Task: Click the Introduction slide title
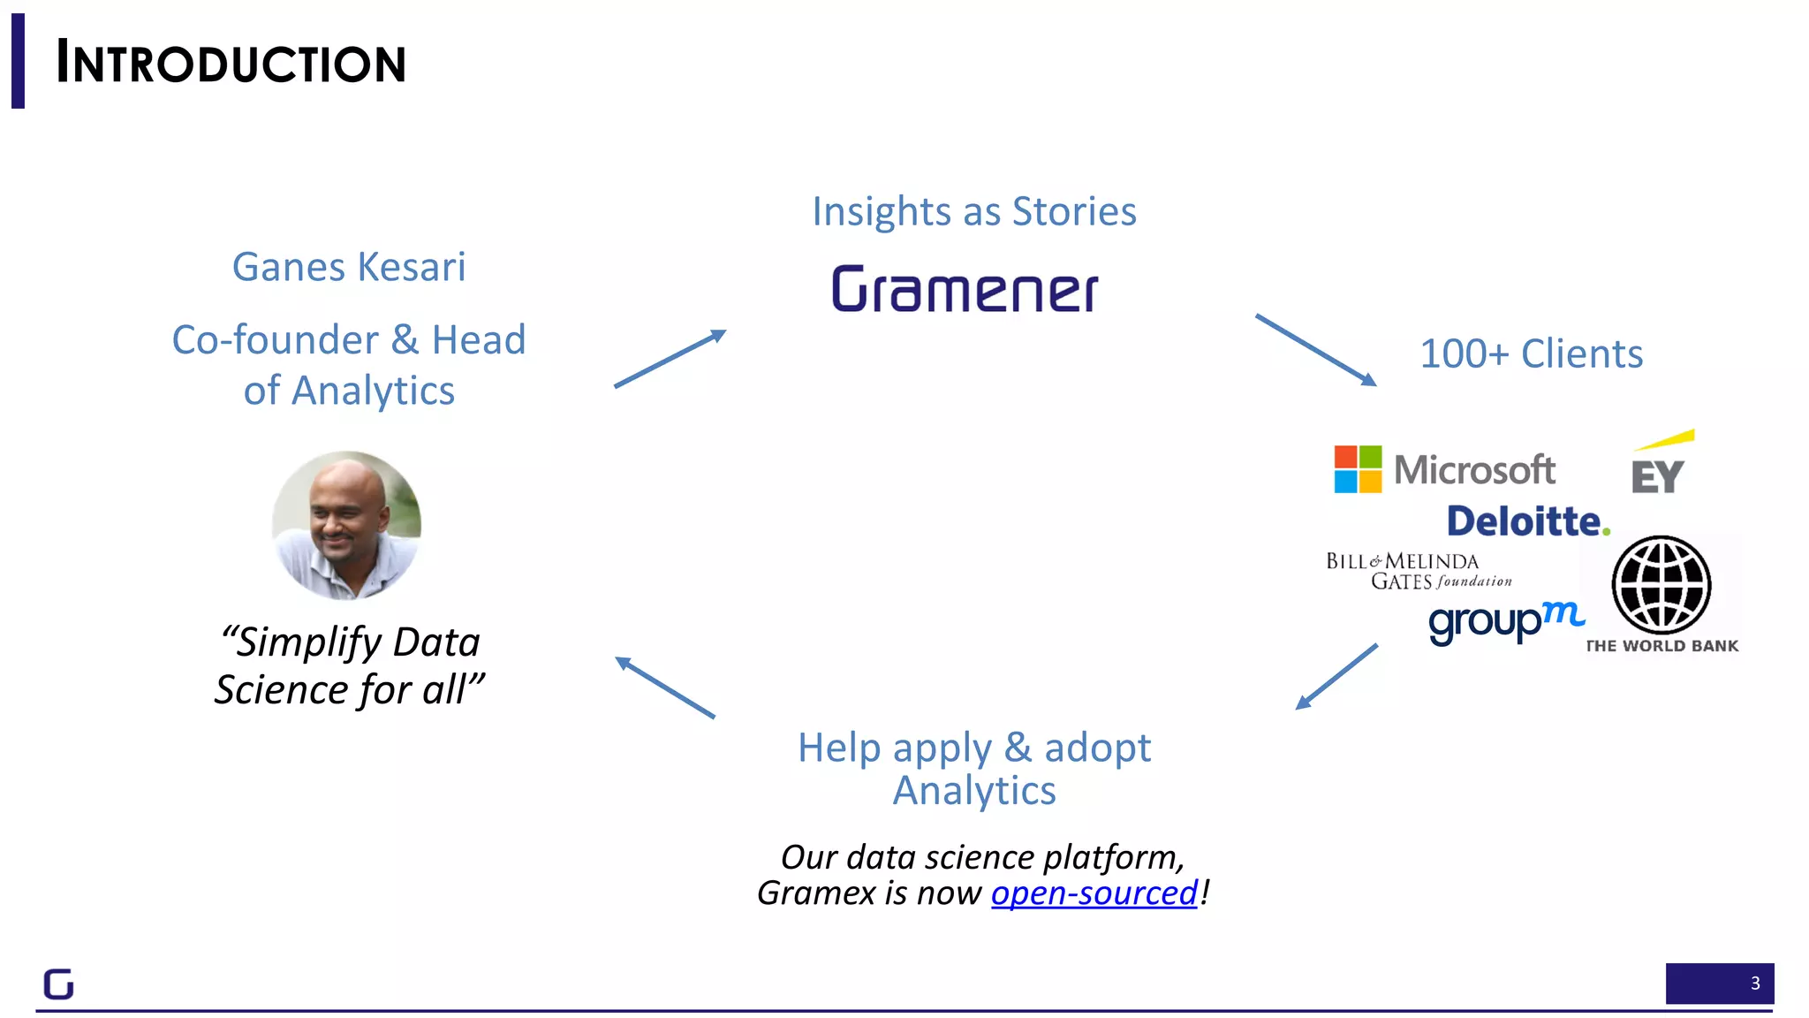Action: click(x=231, y=63)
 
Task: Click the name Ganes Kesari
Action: click(x=349, y=267)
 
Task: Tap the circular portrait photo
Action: click(x=346, y=526)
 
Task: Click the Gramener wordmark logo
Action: click(x=965, y=290)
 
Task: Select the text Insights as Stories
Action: click(x=974, y=211)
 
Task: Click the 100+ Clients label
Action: click(x=1531, y=354)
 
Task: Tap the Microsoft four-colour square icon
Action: click(x=1358, y=469)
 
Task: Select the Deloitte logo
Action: click(x=1527, y=521)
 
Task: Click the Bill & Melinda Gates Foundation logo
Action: click(x=1417, y=571)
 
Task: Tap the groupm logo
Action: click(x=1505, y=621)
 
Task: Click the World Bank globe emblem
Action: click(x=1661, y=585)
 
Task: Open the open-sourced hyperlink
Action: click(x=1094, y=893)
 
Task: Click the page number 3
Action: click(x=1754, y=984)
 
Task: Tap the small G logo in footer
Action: click(x=58, y=984)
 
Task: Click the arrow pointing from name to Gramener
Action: click(x=670, y=359)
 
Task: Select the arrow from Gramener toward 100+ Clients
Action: click(x=1315, y=350)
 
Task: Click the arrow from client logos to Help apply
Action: click(x=1336, y=676)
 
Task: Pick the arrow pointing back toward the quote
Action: click(x=665, y=688)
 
